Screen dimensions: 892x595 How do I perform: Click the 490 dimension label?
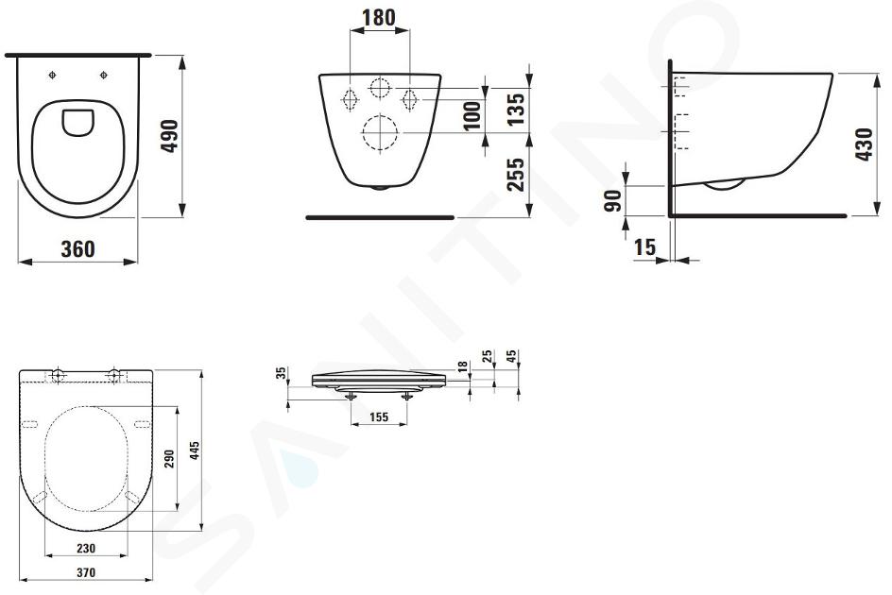(169, 136)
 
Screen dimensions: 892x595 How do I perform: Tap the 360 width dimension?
(77, 249)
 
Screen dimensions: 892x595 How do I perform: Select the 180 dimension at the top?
(379, 17)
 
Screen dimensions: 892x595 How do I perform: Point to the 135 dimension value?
(515, 110)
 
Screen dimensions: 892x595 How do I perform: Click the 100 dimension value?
(472, 116)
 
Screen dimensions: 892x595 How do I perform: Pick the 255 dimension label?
(515, 174)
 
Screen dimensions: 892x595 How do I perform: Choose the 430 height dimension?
(864, 144)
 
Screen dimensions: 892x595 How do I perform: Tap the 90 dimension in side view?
(612, 201)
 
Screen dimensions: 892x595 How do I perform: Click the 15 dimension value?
(644, 247)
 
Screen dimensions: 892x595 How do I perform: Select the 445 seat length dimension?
(195, 450)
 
